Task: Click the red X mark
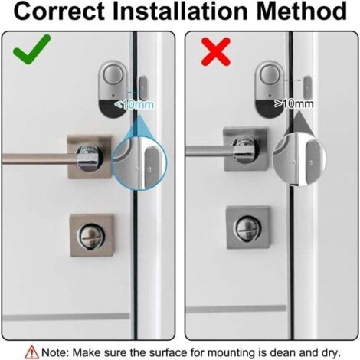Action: [216, 52]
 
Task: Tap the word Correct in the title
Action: [59, 11]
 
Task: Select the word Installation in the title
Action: [180, 11]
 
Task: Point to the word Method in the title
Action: [302, 11]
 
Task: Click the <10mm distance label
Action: [134, 104]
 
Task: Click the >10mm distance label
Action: [294, 103]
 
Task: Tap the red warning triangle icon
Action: [32, 352]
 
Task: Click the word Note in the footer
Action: [54, 352]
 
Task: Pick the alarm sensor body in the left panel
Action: [113, 88]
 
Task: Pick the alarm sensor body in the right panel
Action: [270, 90]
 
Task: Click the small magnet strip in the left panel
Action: [143, 88]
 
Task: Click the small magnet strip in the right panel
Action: [308, 87]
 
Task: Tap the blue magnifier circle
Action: [139, 162]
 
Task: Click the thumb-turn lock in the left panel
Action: [92, 236]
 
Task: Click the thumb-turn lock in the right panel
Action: [248, 227]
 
